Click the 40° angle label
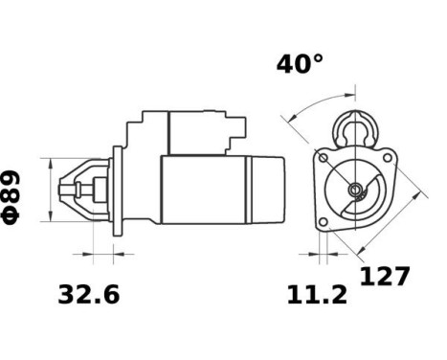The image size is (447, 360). click(x=300, y=64)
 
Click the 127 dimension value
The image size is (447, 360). click(x=385, y=278)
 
